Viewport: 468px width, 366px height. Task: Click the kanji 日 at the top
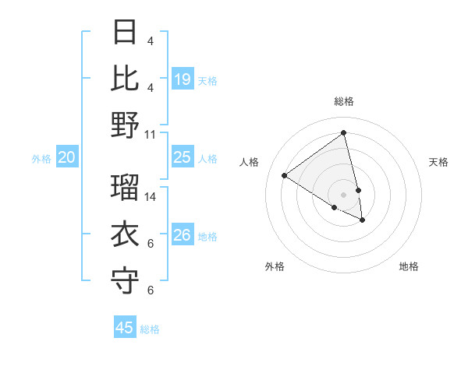click(126, 32)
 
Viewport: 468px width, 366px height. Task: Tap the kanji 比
click(126, 79)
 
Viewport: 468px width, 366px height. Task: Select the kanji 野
click(126, 125)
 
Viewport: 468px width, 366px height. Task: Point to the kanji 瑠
click(126, 188)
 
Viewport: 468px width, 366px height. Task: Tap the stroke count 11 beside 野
click(151, 134)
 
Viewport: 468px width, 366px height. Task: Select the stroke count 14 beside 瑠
click(151, 196)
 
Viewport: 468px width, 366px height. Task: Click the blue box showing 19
click(183, 79)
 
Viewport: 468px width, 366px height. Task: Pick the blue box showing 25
click(183, 157)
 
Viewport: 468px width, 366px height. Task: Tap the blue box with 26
click(183, 235)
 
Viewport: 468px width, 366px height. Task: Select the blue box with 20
click(67, 157)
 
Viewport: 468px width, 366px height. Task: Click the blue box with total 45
click(125, 328)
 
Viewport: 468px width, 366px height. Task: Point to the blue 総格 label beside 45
click(150, 329)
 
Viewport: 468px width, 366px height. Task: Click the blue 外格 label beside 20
click(41, 159)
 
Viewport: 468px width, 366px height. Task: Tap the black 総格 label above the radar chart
click(344, 101)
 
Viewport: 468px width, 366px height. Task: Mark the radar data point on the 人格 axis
click(284, 175)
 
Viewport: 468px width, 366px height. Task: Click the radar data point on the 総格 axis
click(344, 133)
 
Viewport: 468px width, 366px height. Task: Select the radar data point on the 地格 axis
click(363, 220)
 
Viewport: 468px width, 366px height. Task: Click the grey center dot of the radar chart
click(344, 194)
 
